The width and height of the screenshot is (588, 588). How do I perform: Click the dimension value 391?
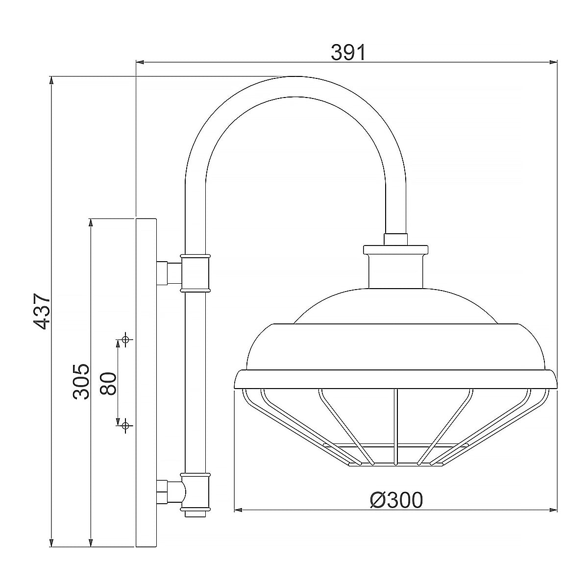point(348,52)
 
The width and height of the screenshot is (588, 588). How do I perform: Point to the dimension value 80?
point(107,383)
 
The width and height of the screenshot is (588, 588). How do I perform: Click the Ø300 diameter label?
point(396,500)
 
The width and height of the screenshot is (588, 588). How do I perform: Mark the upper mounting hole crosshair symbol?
point(126,339)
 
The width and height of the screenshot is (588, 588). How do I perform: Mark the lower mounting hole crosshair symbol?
point(126,425)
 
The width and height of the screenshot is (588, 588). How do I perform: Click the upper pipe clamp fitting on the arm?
point(195,273)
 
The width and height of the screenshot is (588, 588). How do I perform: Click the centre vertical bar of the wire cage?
point(395,426)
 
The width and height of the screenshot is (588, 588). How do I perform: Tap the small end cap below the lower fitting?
point(196,514)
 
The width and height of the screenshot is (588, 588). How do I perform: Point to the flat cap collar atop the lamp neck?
point(396,249)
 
